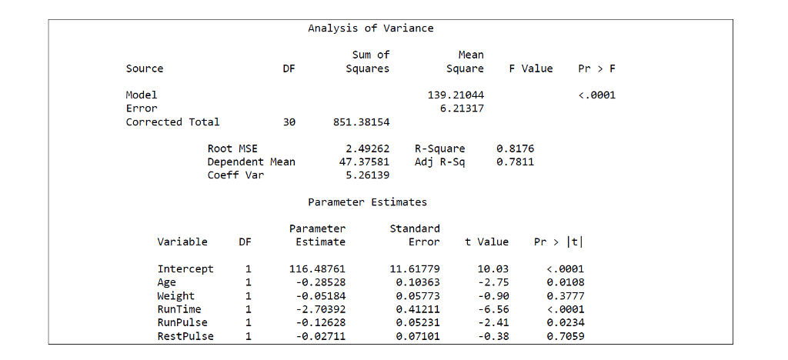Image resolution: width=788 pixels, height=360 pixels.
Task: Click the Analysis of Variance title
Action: pos(370,28)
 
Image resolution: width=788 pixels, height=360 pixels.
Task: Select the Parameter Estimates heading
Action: pos(367,202)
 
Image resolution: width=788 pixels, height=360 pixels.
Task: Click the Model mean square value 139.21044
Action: pos(456,95)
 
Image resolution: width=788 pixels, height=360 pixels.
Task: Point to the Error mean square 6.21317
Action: pos(462,108)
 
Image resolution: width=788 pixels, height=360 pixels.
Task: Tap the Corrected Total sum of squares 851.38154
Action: pos(361,122)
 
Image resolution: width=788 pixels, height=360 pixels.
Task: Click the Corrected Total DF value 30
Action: pos(289,122)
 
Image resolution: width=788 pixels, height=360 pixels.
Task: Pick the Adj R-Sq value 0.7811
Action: pos(516,162)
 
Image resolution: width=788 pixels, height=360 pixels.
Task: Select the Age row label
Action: pos(166,282)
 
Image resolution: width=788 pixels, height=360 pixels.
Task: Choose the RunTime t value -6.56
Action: pos(492,309)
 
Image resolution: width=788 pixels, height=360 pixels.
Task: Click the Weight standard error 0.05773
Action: pos(418,296)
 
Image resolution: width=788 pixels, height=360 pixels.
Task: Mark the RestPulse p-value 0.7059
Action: pos(566,336)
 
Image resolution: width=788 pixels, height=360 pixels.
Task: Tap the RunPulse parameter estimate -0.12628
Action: pos(320,322)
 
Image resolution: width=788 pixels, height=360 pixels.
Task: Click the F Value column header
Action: pos(531,68)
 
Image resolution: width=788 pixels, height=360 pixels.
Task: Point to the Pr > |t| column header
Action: pos(559,242)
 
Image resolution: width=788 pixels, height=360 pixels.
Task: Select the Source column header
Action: pos(145,68)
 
